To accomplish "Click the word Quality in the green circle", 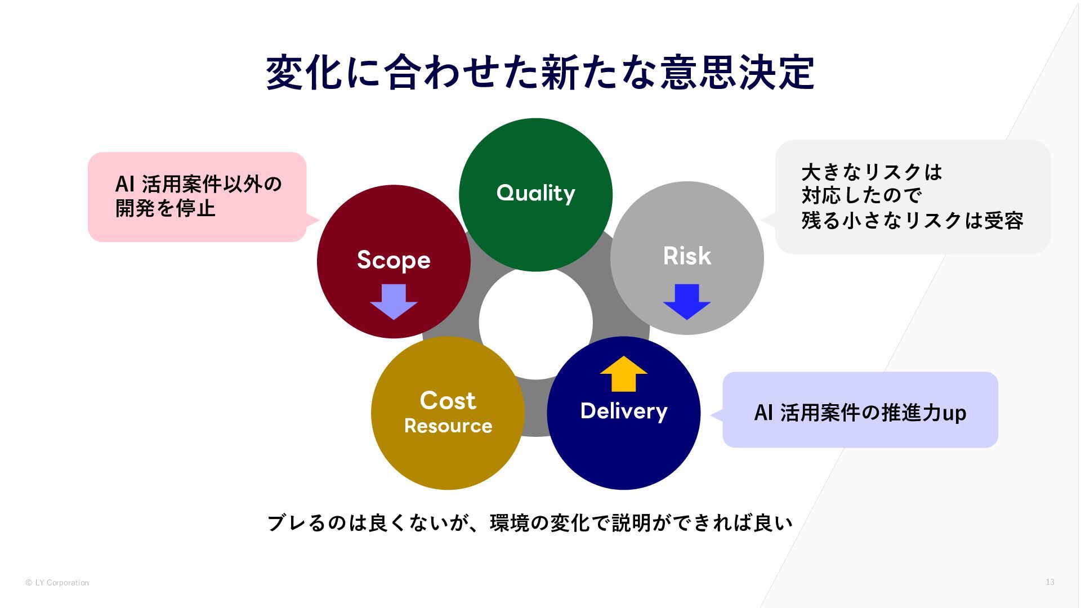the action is click(x=535, y=193).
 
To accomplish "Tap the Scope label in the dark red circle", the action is click(x=394, y=260).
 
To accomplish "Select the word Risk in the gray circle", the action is click(x=687, y=256).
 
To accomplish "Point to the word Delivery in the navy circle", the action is click(x=624, y=411).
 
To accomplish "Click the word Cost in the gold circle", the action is click(x=448, y=400).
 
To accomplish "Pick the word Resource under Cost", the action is click(x=448, y=426).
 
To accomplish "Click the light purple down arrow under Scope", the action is click(x=394, y=301).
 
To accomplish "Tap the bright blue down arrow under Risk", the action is click(x=687, y=301).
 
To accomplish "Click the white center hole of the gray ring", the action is click(x=535, y=323).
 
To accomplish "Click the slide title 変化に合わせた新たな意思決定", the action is click(x=540, y=73).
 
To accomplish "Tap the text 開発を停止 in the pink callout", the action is click(x=166, y=208).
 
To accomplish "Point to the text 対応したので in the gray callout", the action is click(x=861, y=196).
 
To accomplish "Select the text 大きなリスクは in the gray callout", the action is click(x=872, y=172).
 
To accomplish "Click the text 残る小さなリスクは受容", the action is click(x=912, y=220).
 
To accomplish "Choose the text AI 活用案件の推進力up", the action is click(x=860, y=413).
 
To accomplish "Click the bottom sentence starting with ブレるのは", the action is click(x=530, y=523).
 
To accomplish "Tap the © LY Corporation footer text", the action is click(x=57, y=583).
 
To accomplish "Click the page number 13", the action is click(x=1049, y=582).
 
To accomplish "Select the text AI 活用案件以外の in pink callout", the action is click(x=198, y=184).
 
